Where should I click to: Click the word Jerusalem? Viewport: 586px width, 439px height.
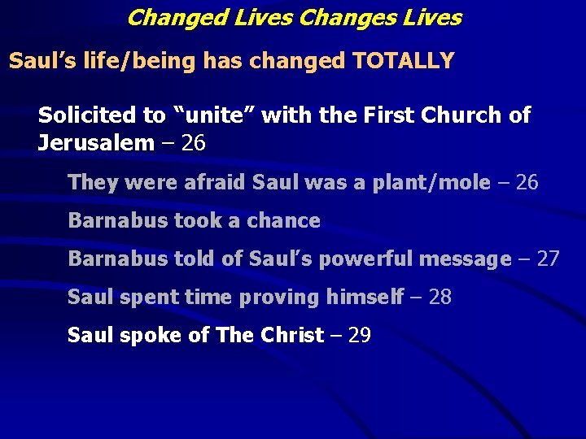[x=96, y=144]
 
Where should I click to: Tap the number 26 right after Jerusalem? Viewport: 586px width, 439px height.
[x=194, y=144]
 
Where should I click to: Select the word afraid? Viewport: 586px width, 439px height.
[x=208, y=182]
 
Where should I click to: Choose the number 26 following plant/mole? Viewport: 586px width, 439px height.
[x=527, y=182]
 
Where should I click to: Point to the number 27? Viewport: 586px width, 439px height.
[x=548, y=259]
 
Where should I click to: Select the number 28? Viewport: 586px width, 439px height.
[x=439, y=297]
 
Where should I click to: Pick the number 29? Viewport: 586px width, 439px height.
[x=359, y=335]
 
